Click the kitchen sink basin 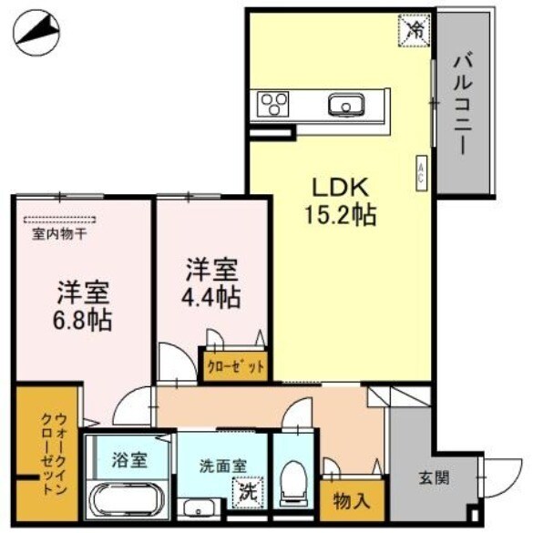(x=345, y=105)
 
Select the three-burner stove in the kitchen (x=273, y=105)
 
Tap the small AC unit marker (x=421, y=173)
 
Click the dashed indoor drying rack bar (x=59, y=219)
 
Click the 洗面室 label (x=223, y=465)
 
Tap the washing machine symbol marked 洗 (x=248, y=493)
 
